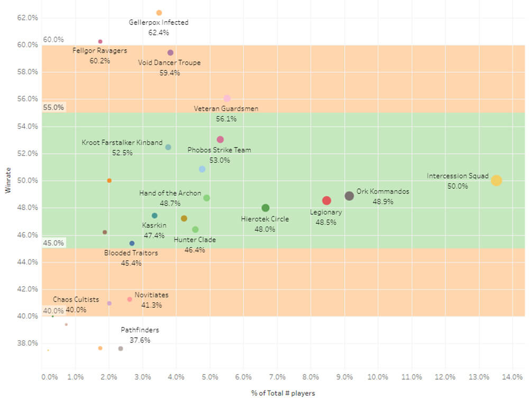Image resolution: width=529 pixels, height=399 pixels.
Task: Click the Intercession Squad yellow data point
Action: coord(496,180)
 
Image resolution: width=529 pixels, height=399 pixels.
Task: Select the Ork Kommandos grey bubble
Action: coord(349,196)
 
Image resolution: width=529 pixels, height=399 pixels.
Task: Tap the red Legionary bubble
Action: coord(326,201)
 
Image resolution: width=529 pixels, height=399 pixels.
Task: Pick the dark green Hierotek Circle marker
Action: coord(266,208)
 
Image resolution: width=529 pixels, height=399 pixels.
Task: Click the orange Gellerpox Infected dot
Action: coord(159,13)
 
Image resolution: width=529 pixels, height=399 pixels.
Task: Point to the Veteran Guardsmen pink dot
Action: coord(227,98)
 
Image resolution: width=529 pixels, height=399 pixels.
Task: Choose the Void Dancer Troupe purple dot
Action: coord(170,53)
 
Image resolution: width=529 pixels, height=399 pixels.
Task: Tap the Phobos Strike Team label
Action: coord(220,150)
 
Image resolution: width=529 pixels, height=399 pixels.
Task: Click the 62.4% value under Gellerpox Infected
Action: coord(159,32)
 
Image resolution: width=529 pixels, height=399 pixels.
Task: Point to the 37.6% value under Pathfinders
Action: coord(140,340)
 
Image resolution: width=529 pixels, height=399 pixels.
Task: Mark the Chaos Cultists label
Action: coord(76,300)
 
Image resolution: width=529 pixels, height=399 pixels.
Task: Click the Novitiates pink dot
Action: coord(130,300)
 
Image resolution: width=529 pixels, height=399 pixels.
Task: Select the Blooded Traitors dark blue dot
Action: coord(132,243)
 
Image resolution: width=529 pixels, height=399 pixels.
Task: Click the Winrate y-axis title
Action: coord(8,180)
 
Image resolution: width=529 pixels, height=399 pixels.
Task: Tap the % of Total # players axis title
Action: coord(282,393)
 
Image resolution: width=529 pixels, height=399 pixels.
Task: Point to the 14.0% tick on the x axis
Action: coord(512,377)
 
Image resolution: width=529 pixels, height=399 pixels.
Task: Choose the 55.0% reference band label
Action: coord(53,107)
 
